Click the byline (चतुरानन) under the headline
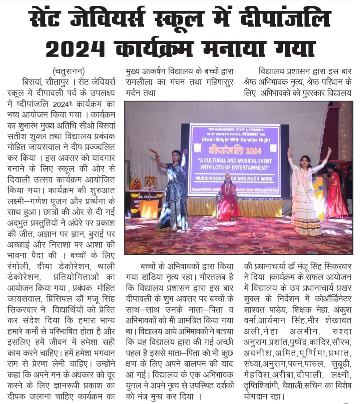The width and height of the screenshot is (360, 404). tap(68, 71)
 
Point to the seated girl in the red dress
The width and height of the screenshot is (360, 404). tap(227, 199)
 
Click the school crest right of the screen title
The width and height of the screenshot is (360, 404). tap(273, 148)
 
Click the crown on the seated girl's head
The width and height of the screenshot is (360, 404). tap(227, 175)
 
